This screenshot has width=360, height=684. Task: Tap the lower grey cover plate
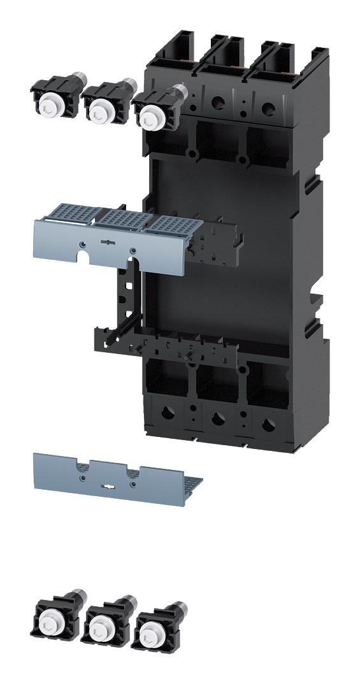click(108, 474)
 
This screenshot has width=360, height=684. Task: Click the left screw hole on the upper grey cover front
click(83, 243)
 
